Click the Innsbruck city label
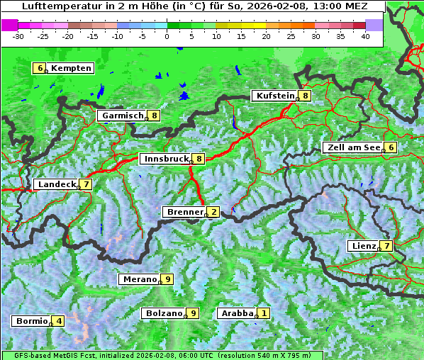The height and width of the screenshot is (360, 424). pos(165,159)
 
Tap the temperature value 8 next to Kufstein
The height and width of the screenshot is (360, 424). pos(305,96)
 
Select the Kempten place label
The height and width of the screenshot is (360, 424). pos(71,68)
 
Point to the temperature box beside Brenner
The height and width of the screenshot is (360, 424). pos(213,212)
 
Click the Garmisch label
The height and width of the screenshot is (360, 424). pos(123,116)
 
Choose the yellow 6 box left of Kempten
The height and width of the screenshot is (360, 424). pos(40,68)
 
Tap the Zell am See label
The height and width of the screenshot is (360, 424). pos(352,147)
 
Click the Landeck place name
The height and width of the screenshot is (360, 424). pos(57,184)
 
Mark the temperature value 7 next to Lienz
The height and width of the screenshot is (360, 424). pos(386,246)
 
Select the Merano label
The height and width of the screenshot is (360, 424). pos(139,279)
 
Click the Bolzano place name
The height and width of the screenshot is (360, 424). pos(164,313)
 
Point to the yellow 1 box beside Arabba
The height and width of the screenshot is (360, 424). pos(264,313)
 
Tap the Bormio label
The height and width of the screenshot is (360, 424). pos(31,321)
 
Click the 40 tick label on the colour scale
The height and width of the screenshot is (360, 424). pos(365,35)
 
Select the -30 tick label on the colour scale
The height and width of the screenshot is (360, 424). pos(18,35)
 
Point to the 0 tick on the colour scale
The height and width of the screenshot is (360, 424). pos(167,35)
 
